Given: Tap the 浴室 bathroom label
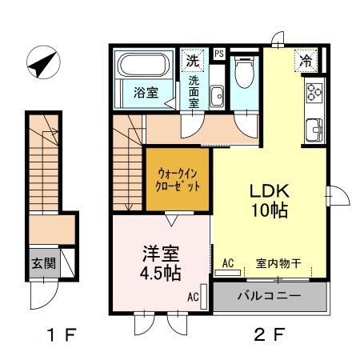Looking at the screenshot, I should point(145,92).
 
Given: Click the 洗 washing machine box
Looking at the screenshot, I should point(194,60).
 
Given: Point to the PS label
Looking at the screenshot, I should point(218,54).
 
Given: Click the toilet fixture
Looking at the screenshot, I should point(244,74).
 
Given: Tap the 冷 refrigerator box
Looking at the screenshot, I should point(306,59).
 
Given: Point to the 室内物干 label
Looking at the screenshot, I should point(278,262).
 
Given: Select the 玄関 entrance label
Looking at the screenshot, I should point(44,262).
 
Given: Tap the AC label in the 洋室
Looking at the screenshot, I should point(193,297).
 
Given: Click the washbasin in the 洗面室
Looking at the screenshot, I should point(217,96).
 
